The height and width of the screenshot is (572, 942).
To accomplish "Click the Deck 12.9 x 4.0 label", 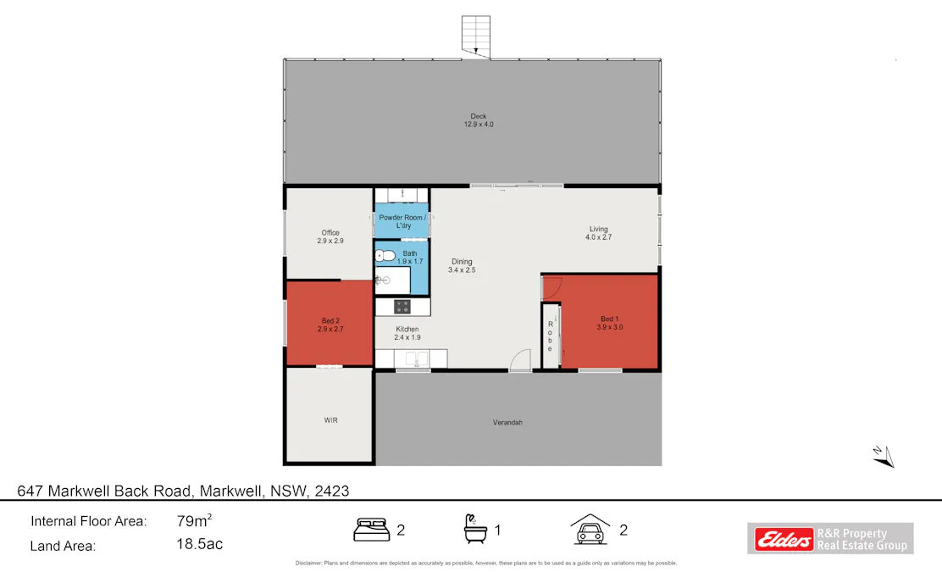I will click(x=478, y=120).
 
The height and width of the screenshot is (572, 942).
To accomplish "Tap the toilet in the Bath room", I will click(x=385, y=254).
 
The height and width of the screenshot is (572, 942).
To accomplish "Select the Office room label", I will click(x=330, y=236).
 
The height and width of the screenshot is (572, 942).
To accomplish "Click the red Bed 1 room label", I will click(x=610, y=322).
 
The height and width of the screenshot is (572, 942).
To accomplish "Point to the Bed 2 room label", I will click(x=330, y=324).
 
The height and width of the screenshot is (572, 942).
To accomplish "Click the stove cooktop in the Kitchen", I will click(x=402, y=307).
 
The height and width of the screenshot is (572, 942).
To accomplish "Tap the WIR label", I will click(x=330, y=420).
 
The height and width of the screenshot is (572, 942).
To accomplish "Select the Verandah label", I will click(x=507, y=421).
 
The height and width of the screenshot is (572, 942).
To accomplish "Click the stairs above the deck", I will click(x=476, y=36).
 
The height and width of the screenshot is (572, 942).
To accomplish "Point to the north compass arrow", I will click(x=883, y=456).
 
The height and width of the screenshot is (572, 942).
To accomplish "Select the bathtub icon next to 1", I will click(x=474, y=530).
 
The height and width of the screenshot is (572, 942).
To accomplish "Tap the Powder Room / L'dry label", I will click(x=402, y=221).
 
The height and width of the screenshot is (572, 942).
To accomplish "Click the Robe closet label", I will click(x=550, y=336).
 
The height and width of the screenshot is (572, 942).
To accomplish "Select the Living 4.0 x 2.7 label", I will click(x=598, y=233).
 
